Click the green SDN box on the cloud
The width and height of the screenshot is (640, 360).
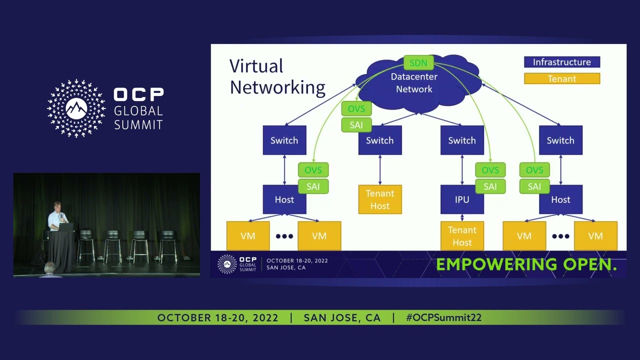(x=418, y=62)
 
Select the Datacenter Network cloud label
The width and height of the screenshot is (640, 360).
(x=414, y=83)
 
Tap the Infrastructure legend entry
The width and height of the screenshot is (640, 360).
(x=561, y=62)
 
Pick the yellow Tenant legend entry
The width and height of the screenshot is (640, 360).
(x=561, y=78)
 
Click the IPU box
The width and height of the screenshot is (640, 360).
(x=461, y=199)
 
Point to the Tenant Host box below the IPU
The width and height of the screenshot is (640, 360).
(x=461, y=236)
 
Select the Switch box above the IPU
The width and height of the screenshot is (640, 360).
(x=461, y=140)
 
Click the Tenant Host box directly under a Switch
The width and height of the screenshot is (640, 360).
(x=379, y=199)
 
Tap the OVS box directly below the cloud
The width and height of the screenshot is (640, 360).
(x=356, y=108)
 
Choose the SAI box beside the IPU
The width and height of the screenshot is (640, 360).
(x=490, y=186)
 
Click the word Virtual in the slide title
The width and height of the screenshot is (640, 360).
(x=256, y=66)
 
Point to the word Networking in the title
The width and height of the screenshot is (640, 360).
(x=277, y=87)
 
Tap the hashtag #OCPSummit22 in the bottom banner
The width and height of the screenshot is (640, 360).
(x=443, y=317)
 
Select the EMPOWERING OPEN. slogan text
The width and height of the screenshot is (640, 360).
(x=526, y=264)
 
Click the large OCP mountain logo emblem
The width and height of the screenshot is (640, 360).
(x=76, y=108)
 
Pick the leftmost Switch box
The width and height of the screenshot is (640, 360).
(x=284, y=140)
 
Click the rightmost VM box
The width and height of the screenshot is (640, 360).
(x=595, y=236)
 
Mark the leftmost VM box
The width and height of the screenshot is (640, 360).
(x=248, y=236)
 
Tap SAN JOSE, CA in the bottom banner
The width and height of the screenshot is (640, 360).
(x=342, y=317)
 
